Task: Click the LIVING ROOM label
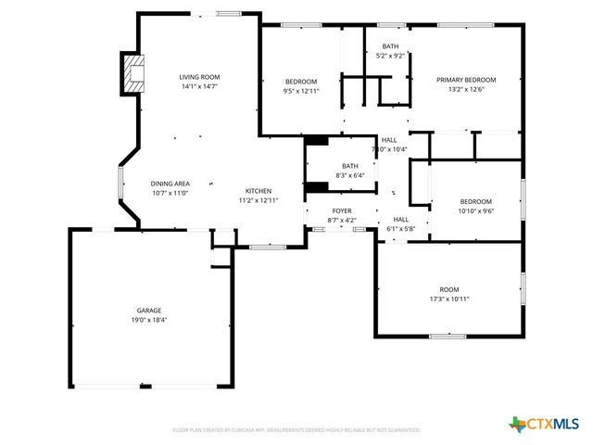(199, 77)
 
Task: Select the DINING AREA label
(170, 184)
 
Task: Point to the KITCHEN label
(258, 191)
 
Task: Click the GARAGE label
(149, 311)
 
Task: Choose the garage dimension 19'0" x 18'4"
(149, 320)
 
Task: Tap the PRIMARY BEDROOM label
(466, 80)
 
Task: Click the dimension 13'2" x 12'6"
(466, 89)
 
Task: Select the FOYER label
(342, 211)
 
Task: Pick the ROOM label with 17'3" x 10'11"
(449, 289)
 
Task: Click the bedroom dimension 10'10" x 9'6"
(476, 210)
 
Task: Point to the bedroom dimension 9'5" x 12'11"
(300, 91)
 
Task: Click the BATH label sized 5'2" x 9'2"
(390, 46)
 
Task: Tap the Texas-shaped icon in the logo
(517, 424)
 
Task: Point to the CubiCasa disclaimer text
(296, 430)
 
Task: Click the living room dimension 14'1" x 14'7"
(199, 86)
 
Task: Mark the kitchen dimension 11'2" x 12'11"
(258, 200)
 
